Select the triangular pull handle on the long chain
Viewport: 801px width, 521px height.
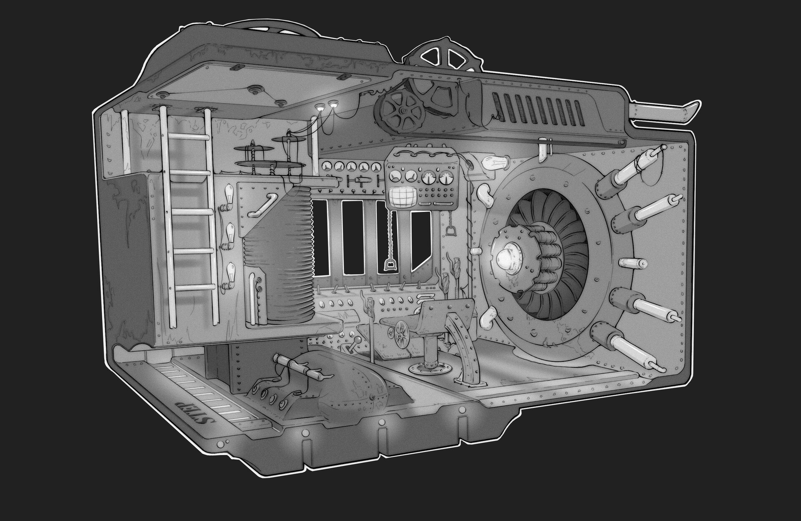pos(390,265)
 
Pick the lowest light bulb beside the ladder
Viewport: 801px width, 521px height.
pos(229,272)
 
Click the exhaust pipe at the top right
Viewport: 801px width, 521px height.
pos(663,112)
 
